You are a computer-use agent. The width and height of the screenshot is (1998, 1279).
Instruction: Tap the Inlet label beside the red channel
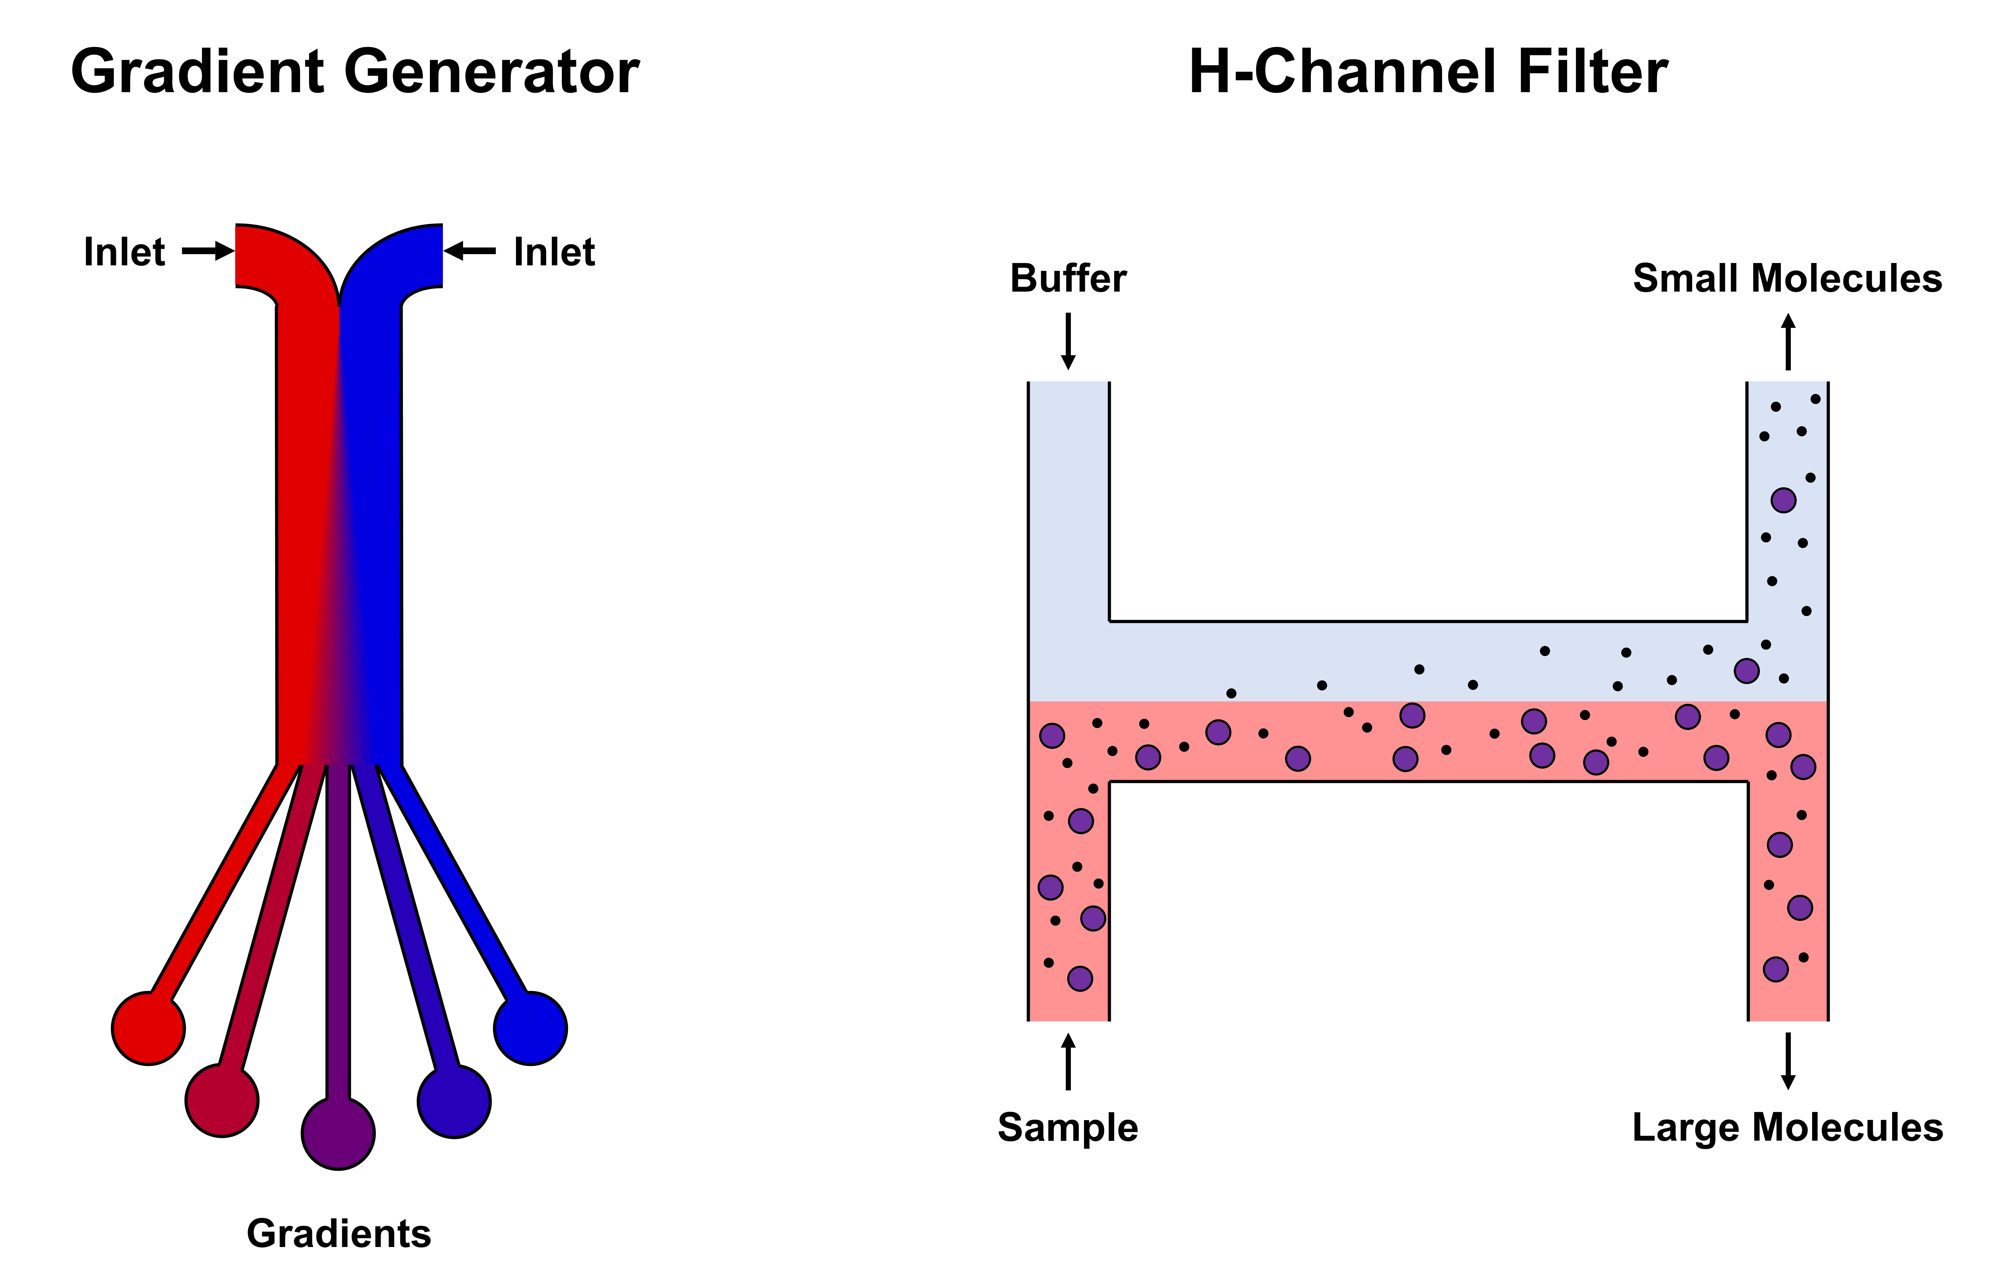pos(125,252)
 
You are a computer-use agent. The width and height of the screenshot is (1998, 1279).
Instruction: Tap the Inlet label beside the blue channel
pos(554,252)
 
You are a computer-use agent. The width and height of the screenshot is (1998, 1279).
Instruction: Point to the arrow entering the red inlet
pos(208,251)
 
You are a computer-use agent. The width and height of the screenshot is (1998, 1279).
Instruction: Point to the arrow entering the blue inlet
pos(470,251)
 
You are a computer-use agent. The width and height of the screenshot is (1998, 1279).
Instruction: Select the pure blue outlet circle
pos(531,1028)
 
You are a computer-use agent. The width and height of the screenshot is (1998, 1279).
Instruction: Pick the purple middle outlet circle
pos(338,1134)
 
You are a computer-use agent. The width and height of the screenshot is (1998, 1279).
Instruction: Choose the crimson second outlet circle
pos(222,1101)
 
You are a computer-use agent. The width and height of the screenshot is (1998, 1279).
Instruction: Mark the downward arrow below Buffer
pos(1069,341)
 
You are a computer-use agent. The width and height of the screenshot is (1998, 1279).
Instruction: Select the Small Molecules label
pos(1787,278)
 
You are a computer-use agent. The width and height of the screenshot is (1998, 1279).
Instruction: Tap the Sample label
pos(1068,1128)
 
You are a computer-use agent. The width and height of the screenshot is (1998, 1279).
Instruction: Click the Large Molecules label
pos(1787,1128)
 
